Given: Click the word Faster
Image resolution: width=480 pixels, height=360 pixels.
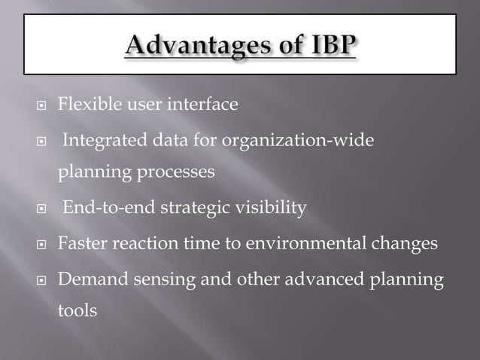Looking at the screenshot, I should coord(82,244).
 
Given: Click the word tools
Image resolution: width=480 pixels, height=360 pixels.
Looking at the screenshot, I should coord(77,310).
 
